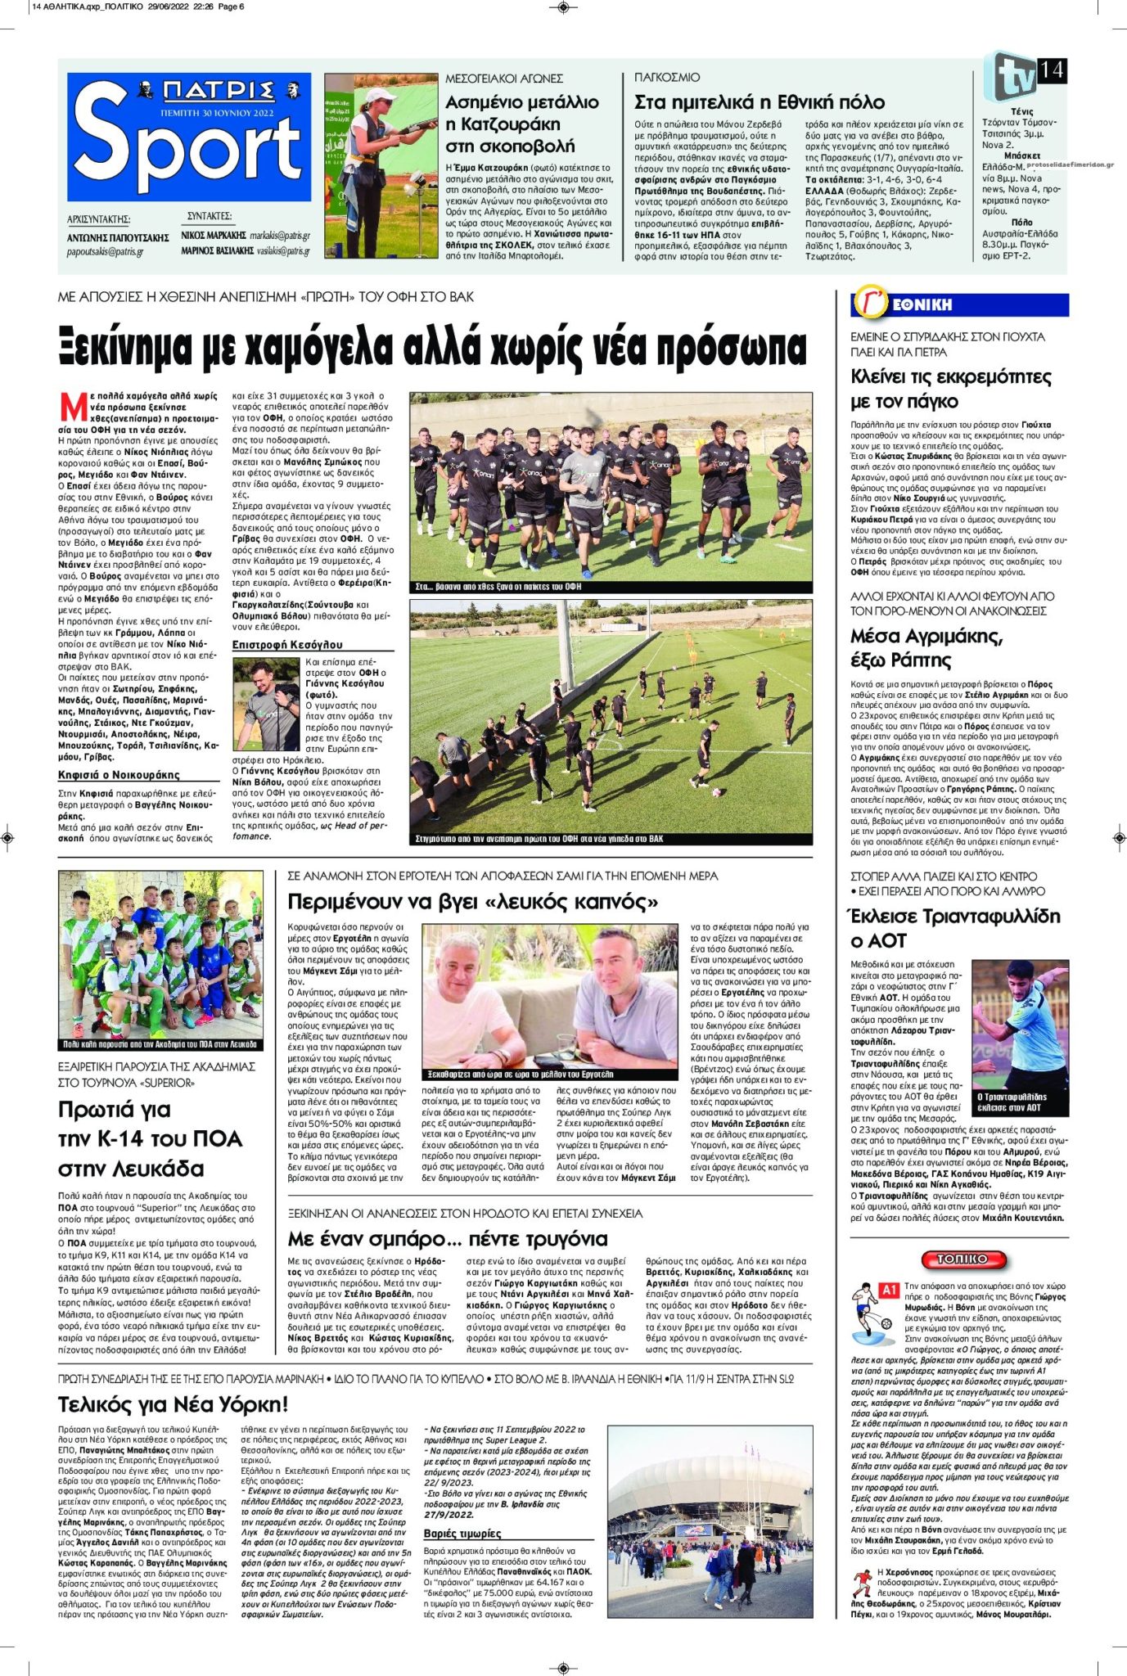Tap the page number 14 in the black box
click(1051, 70)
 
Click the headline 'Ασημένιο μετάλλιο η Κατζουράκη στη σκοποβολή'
click(521, 124)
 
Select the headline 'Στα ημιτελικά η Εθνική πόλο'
click(759, 102)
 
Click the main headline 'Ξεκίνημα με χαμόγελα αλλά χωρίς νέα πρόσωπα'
click(432, 347)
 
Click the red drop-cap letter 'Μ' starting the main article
click(74, 407)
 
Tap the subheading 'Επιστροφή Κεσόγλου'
click(287, 645)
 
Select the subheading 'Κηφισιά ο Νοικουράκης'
click(119, 775)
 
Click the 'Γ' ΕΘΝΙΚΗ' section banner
click(959, 304)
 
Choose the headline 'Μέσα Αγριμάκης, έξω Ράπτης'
click(926, 647)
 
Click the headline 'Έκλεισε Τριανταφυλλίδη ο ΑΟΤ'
click(955, 927)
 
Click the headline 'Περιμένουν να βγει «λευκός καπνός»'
click(473, 902)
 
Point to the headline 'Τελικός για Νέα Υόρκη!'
click(173, 1404)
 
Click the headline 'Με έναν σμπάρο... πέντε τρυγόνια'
click(447, 1238)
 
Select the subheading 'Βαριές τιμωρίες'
click(462, 1533)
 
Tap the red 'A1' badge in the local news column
click(889, 1290)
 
